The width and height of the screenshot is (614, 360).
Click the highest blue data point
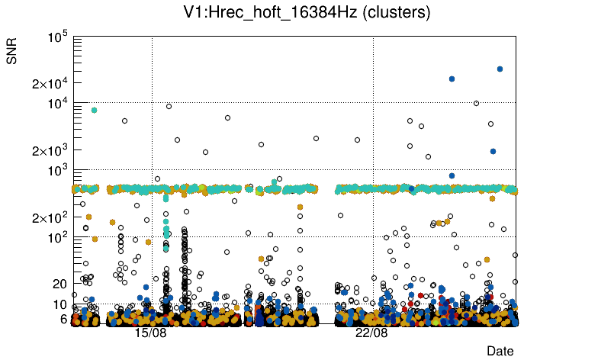500,69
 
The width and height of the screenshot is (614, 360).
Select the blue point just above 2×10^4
452,79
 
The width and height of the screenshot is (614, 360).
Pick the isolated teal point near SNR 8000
94,110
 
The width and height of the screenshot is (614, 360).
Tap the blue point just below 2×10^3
493,151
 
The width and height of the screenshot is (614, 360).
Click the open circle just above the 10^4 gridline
477,103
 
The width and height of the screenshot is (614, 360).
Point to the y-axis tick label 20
60,284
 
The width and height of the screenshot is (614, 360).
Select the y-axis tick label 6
64,319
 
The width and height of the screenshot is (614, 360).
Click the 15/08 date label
151,333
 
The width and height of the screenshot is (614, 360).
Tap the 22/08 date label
372,333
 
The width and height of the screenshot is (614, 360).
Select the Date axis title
500,351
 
